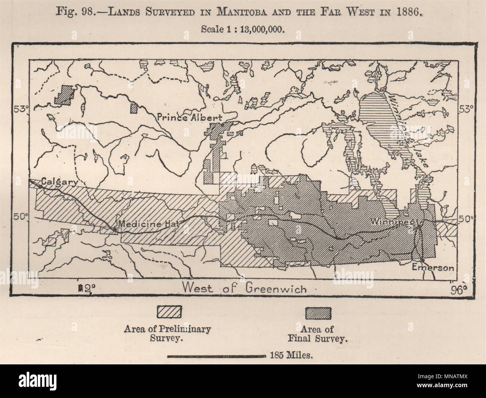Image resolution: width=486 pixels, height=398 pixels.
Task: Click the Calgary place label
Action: coord(59,182)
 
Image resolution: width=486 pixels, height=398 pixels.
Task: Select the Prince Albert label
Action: coord(190,118)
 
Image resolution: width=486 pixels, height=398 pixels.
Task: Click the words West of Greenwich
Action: coord(244,289)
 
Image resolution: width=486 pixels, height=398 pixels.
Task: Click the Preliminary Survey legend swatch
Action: coord(169,312)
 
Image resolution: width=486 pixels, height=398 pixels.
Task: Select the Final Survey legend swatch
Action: coord(318,313)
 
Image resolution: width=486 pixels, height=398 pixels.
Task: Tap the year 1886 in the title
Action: coord(410,10)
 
